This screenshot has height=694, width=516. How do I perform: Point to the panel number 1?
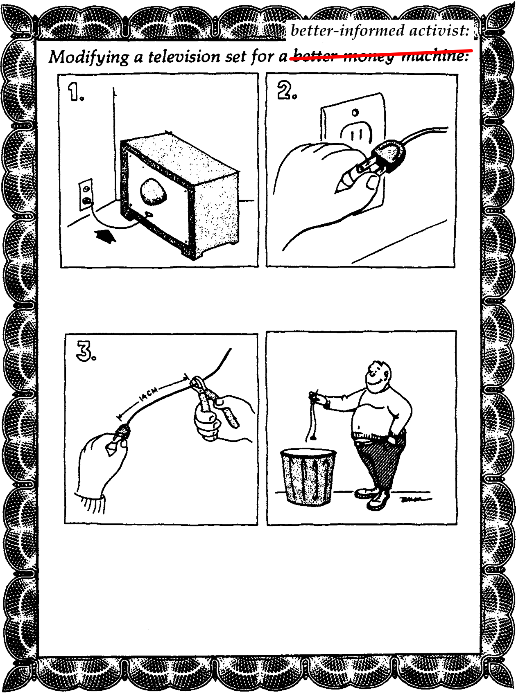click(x=75, y=92)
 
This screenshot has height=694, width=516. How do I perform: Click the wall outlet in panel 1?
click(x=86, y=194)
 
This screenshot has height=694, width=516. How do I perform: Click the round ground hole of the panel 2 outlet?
click(x=355, y=112)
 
